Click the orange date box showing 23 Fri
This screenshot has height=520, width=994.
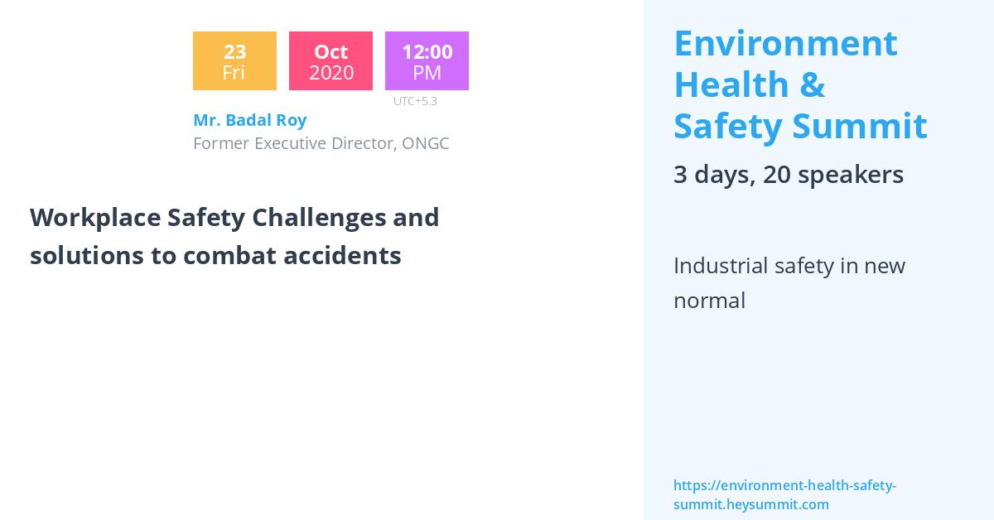(234, 61)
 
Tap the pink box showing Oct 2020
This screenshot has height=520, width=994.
(331, 61)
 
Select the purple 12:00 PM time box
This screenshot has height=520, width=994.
(427, 61)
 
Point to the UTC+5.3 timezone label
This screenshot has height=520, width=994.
(415, 101)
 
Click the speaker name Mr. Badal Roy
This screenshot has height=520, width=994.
(249, 120)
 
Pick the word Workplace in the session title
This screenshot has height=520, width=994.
(94, 218)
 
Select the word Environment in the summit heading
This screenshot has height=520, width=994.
(785, 43)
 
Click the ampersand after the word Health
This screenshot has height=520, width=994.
(812, 84)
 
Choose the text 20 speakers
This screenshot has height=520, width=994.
(832, 175)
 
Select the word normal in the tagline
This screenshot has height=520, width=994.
(709, 300)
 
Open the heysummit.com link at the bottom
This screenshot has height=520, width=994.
(784, 495)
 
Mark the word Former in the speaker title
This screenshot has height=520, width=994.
(220, 143)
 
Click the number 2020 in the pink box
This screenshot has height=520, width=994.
(331, 73)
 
